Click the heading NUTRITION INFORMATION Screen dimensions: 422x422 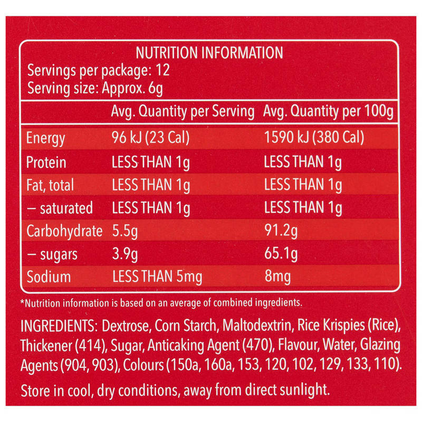point(209,53)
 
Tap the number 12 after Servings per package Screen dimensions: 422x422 point(162,70)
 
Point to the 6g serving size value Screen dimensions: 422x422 point(155,89)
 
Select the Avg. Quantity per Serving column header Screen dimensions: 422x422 point(183,111)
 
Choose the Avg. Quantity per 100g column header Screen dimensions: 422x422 point(328,111)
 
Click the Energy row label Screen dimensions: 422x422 point(45,138)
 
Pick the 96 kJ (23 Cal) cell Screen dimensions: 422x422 point(150,138)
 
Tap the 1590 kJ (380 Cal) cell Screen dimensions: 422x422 point(314,137)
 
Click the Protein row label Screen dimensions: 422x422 point(46,162)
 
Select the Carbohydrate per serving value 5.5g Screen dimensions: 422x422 point(125,232)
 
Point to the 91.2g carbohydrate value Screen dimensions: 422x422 point(281,231)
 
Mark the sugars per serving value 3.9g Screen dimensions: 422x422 point(125,254)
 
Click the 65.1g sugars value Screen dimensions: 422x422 point(281,254)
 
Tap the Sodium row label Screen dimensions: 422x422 point(49,276)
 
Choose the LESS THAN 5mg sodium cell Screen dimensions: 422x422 point(157,277)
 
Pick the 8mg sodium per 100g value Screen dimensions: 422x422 point(277,276)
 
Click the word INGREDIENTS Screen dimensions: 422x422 point(58,326)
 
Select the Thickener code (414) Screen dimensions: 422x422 point(90,346)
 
